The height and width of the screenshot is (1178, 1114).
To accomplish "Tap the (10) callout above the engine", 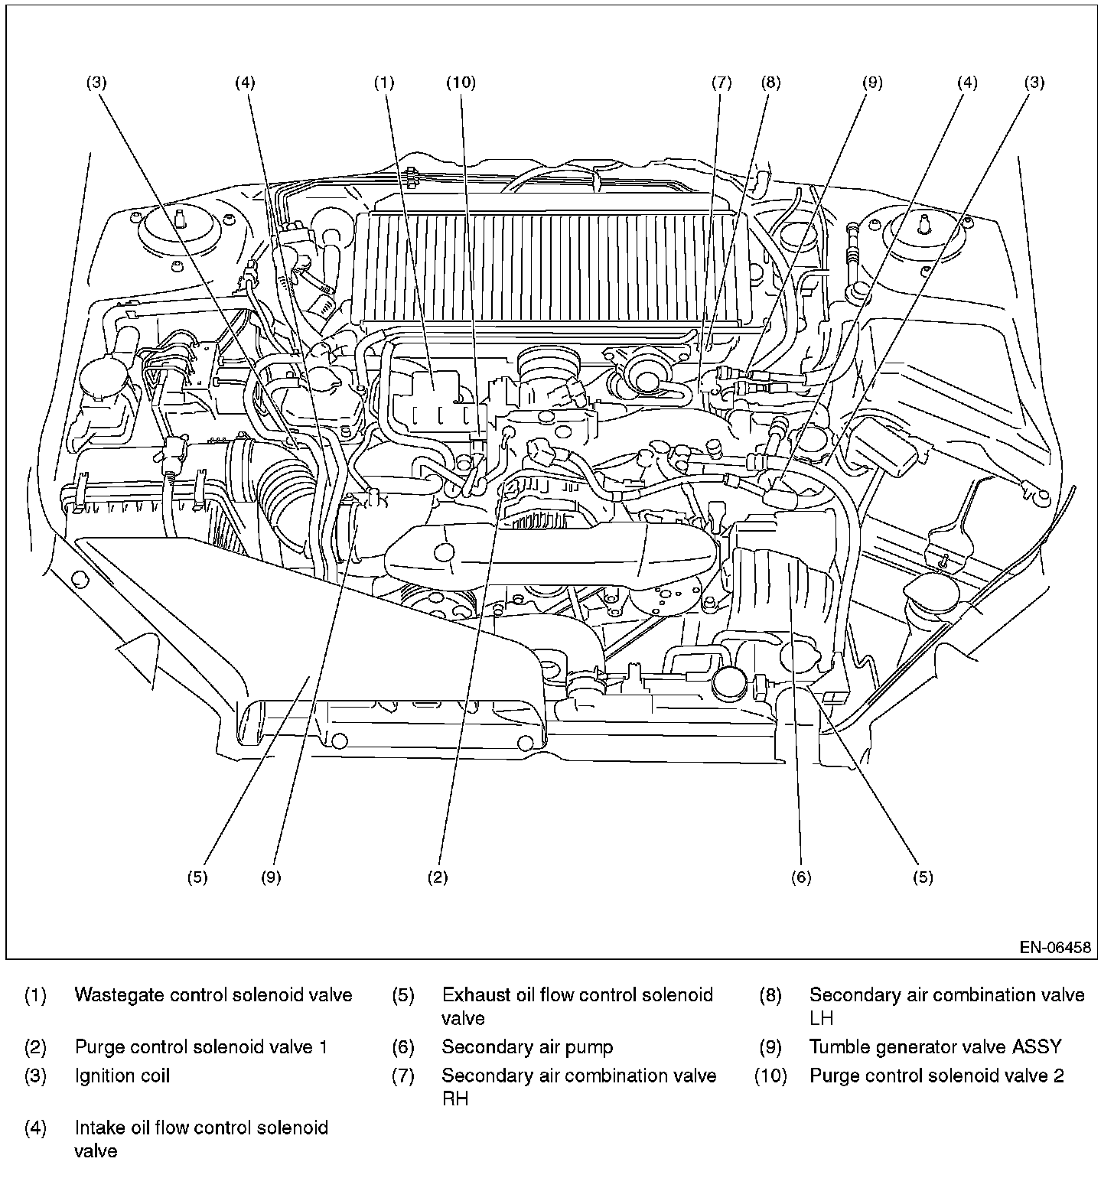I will point(461,83).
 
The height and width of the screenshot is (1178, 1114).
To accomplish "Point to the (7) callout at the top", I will point(721,83).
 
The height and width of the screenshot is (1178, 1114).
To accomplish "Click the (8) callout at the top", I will point(770,83).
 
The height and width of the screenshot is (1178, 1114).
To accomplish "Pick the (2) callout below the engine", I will point(437,877).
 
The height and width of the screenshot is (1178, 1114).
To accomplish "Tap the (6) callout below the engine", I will point(800,877).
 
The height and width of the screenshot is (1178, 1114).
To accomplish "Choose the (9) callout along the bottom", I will point(271,877).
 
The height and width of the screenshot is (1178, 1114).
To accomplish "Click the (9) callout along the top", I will point(872,83).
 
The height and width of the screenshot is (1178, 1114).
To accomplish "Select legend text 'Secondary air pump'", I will point(527,1047).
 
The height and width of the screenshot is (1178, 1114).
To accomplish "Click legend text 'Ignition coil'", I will point(122,1075).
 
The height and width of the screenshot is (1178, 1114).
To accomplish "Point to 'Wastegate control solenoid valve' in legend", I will point(213,995).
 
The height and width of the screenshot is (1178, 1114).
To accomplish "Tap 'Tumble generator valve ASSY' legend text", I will point(935,1047).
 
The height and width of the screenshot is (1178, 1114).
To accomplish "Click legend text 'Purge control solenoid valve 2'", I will point(936,1075).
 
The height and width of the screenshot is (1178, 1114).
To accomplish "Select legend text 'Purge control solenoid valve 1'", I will point(201,1047).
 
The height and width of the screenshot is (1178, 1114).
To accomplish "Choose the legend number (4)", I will point(35,1128).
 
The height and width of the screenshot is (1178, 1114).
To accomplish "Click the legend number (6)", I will point(403,1047).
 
